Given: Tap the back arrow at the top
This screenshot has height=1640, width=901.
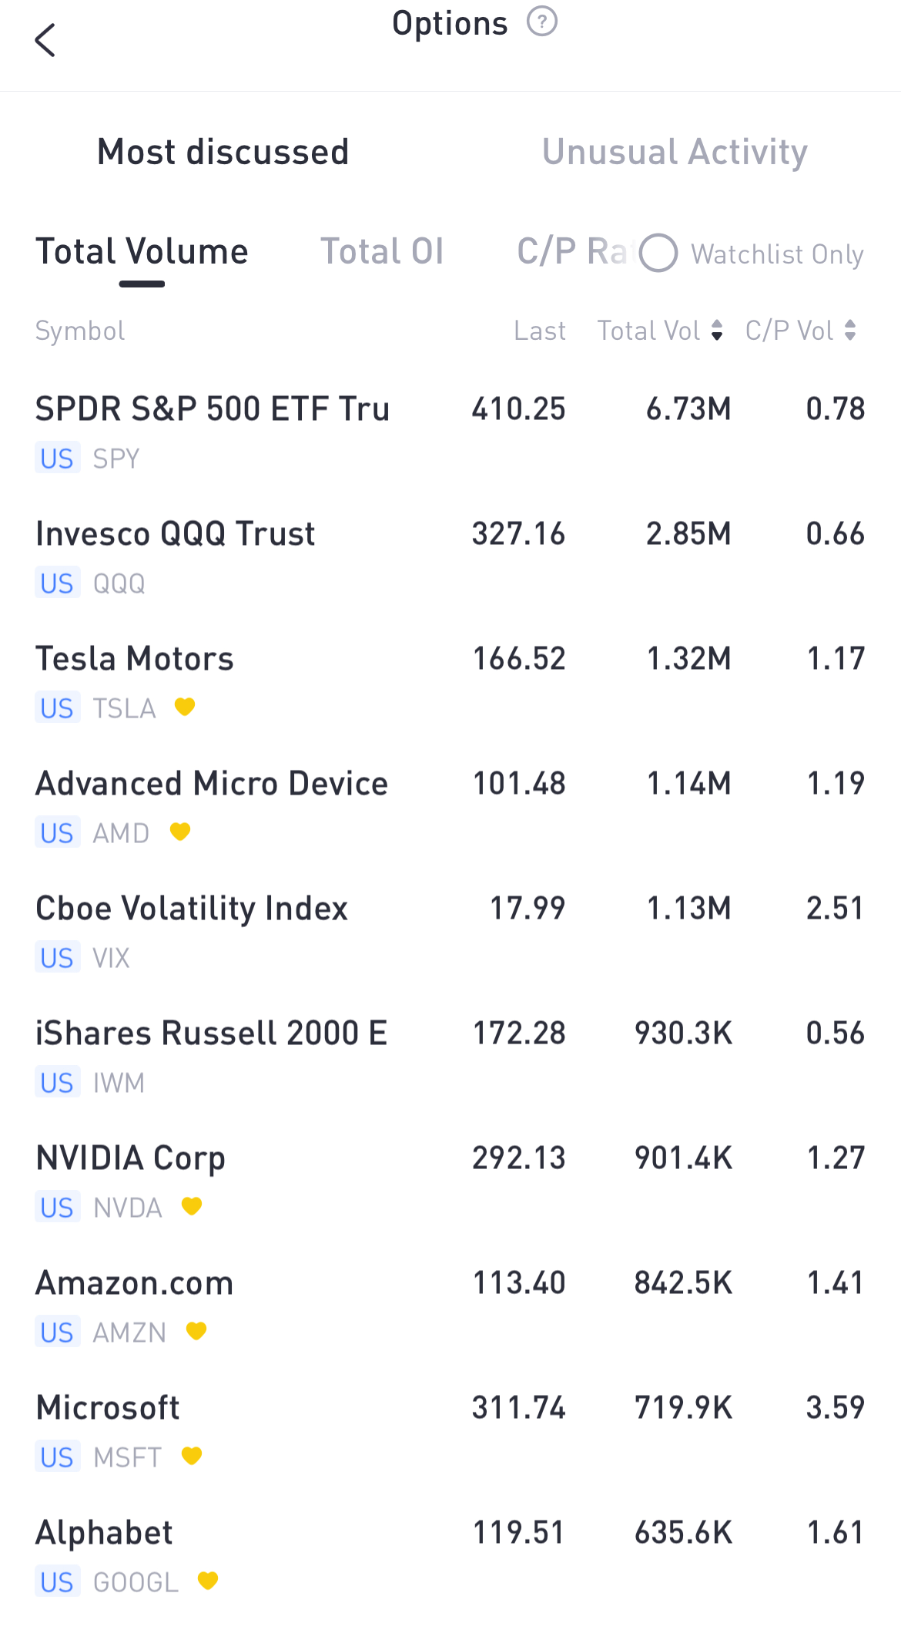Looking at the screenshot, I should click(x=45, y=40).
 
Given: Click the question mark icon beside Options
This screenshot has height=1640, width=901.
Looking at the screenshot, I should click(x=541, y=22).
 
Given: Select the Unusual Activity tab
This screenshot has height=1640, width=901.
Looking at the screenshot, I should click(x=675, y=152).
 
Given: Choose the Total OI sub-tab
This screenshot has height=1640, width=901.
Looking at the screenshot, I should click(x=382, y=252).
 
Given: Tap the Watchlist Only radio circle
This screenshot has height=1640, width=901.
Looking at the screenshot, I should click(x=658, y=254).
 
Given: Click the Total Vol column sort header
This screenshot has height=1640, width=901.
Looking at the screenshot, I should click(x=660, y=331).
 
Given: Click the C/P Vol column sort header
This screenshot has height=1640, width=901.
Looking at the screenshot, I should click(x=800, y=331).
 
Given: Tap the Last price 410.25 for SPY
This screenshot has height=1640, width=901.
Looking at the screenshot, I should click(x=518, y=409).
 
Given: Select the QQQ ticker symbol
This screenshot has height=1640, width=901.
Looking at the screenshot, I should click(x=119, y=583).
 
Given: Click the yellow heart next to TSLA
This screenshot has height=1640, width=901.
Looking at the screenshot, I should click(x=185, y=707).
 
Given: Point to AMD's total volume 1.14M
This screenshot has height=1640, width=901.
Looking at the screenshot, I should click(x=688, y=784).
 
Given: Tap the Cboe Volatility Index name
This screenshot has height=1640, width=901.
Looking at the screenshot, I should click(x=192, y=909).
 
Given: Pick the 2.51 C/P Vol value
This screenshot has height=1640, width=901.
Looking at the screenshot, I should click(x=835, y=909).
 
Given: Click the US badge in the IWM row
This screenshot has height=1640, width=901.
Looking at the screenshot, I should click(x=57, y=1083).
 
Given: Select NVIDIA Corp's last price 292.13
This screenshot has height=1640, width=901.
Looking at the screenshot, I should click(x=518, y=1158).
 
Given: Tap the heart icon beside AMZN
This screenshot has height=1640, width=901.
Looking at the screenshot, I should click(x=196, y=1331).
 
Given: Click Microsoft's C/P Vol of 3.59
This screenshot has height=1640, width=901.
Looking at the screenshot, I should click(x=835, y=1408).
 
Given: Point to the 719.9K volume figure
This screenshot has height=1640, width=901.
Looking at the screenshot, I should click(x=683, y=1408).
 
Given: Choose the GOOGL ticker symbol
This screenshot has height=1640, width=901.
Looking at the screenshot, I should click(x=136, y=1582).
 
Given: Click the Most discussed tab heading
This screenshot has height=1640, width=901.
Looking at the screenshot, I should click(x=223, y=152).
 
